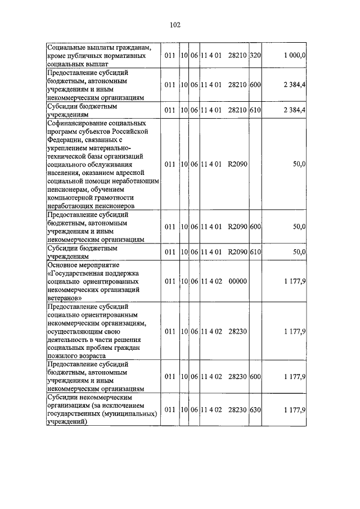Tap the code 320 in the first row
[x=255, y=56]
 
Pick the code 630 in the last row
[x=255, y=411]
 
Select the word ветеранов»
[x=65, y=298]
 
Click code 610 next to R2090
[x=255, y=251]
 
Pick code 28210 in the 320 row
[x=238, y=56]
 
